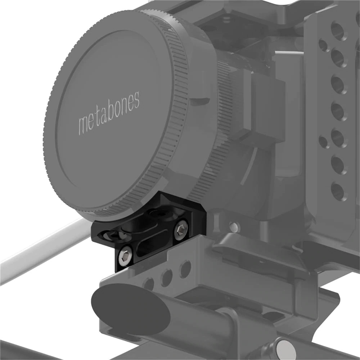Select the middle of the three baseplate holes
167,277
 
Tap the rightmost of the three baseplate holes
185,269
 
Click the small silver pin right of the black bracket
234,227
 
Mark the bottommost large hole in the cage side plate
337,191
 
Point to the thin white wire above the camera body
288,53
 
